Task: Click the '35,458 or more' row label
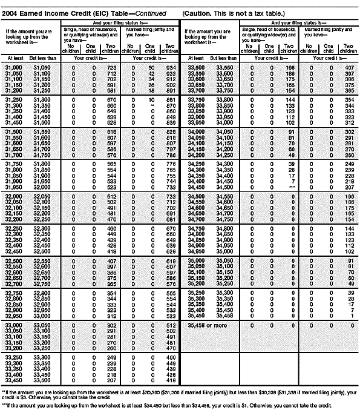click(209, 325)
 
